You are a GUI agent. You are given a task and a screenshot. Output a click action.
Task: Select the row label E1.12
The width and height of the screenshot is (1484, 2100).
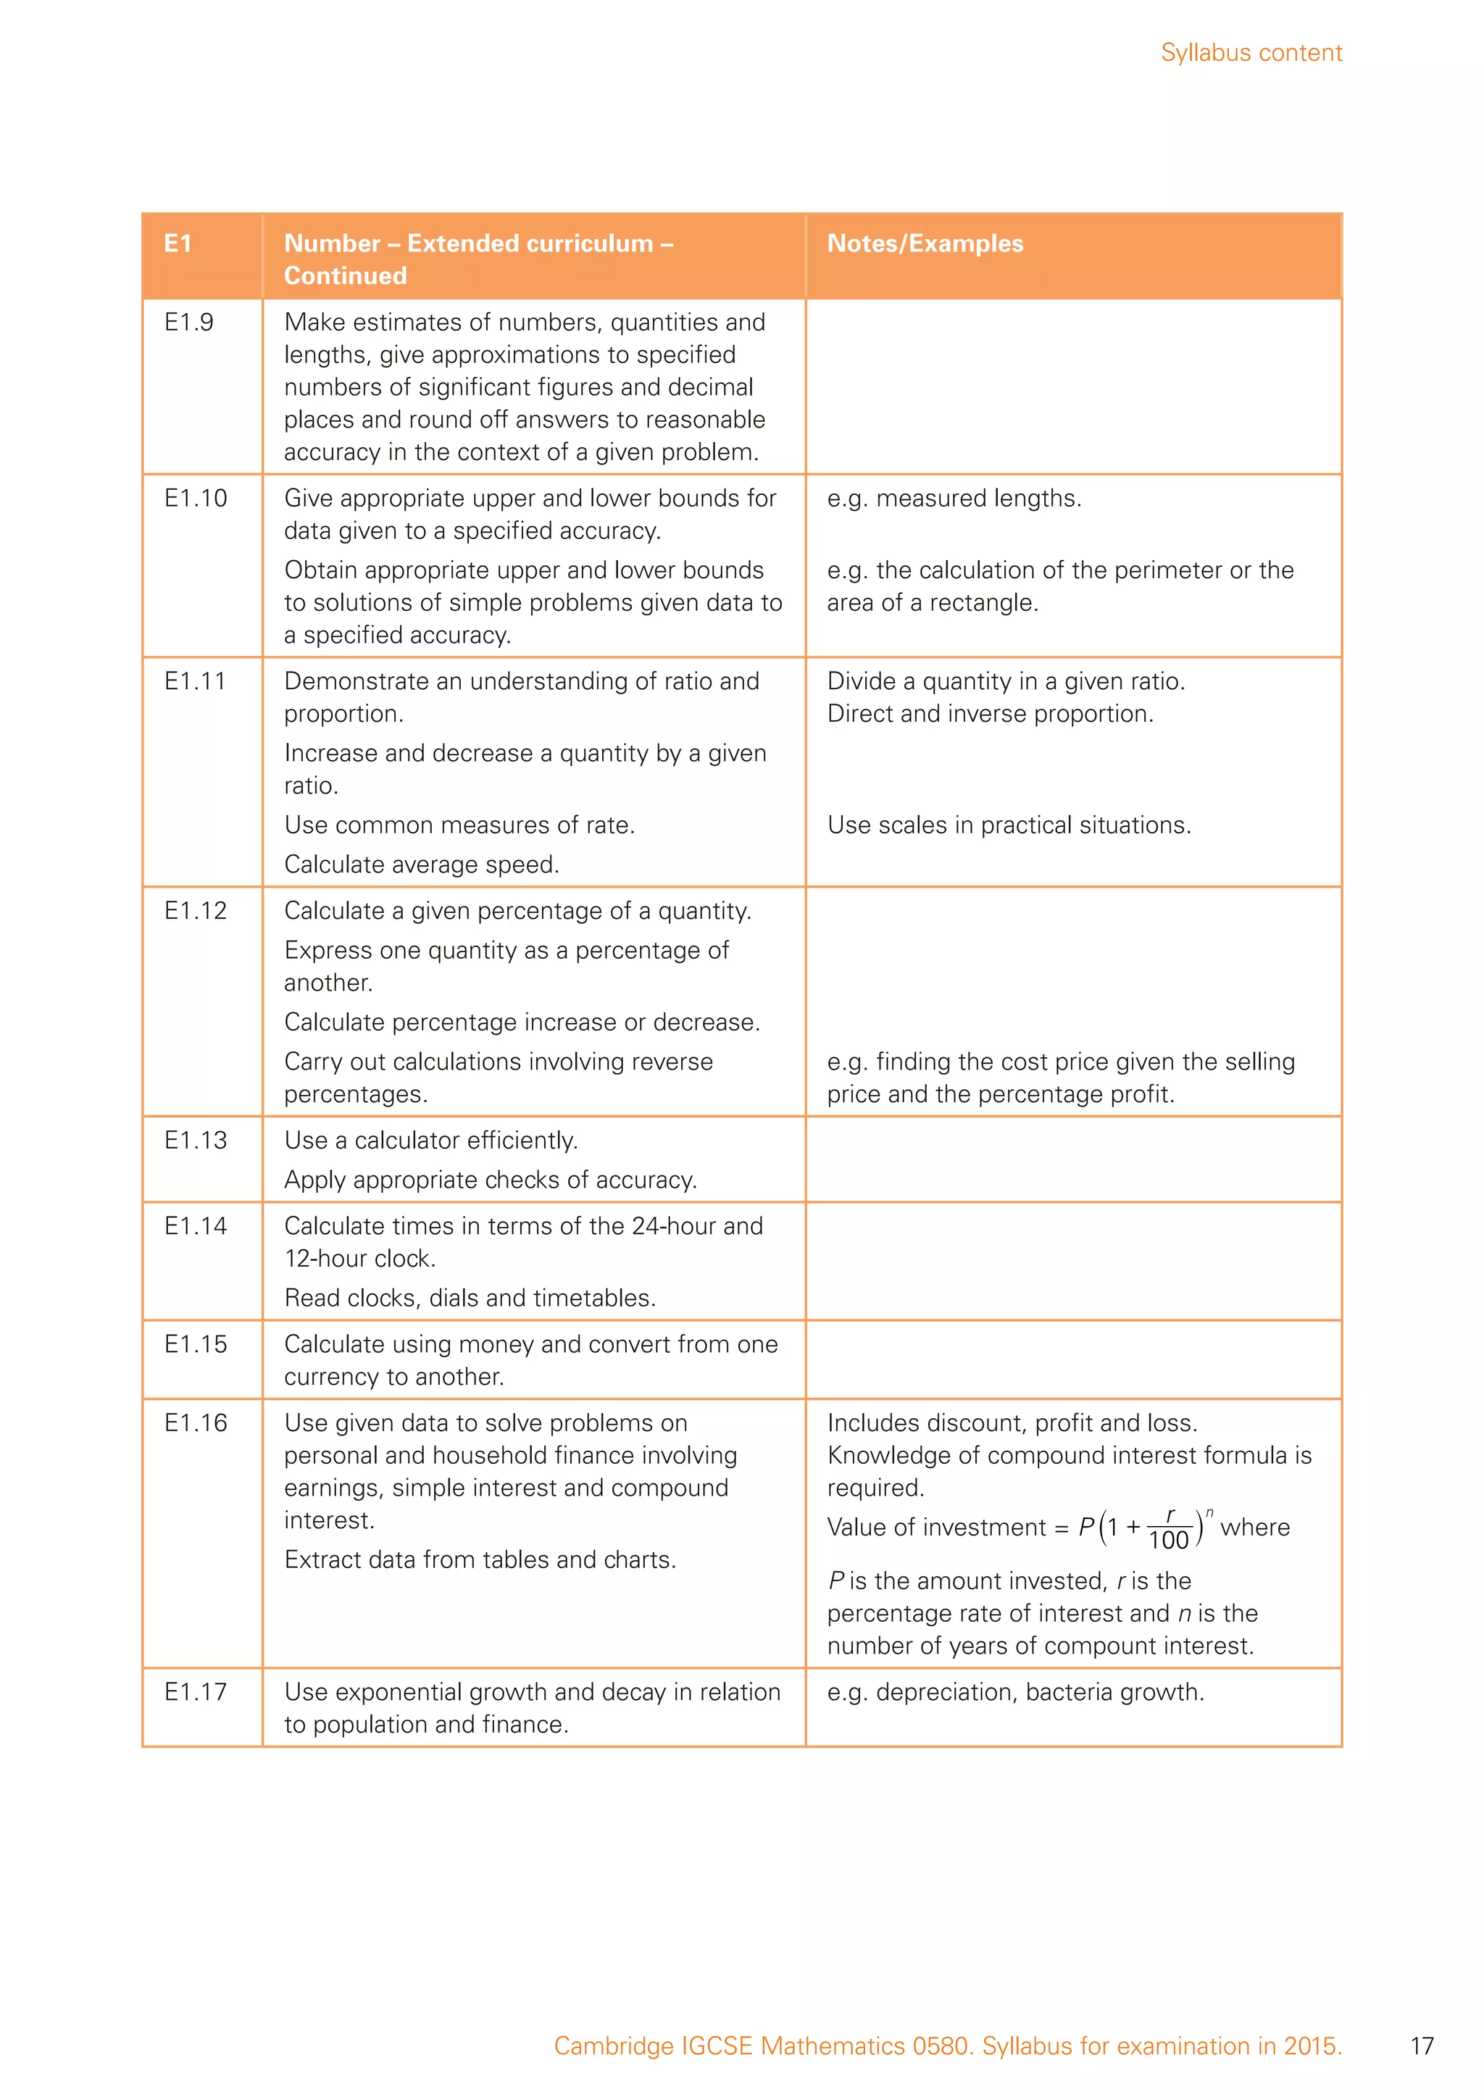(195, 910)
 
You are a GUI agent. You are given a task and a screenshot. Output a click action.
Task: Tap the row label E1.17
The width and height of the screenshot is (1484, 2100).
(195, 1691)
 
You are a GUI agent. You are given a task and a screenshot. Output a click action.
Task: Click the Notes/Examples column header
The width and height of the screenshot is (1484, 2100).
(925, 243)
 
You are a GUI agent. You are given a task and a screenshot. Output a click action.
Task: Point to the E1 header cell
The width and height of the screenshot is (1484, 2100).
(178, 243)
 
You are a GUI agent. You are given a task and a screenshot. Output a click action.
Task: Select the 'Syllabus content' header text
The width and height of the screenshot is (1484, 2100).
(1250, 53)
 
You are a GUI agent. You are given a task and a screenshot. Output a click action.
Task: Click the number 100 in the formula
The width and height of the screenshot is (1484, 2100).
(1167, 1541)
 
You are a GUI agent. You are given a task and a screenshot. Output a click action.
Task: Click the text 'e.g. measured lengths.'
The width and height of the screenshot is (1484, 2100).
(954, 498)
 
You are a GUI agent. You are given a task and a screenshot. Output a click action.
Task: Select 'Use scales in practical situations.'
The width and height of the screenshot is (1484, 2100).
(1009, 825)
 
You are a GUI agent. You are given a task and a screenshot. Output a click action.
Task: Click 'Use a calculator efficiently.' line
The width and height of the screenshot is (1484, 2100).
(430, 1140)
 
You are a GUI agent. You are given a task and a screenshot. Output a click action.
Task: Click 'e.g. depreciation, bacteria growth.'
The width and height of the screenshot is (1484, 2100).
(1015, 1691)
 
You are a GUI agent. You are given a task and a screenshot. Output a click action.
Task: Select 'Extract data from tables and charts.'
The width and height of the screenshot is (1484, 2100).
(479, 1559)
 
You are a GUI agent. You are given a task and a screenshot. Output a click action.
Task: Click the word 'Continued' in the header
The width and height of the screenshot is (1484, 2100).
(345, 275)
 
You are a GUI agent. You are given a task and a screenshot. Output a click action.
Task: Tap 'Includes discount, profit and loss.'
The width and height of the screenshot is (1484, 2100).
(1012, 1422)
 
